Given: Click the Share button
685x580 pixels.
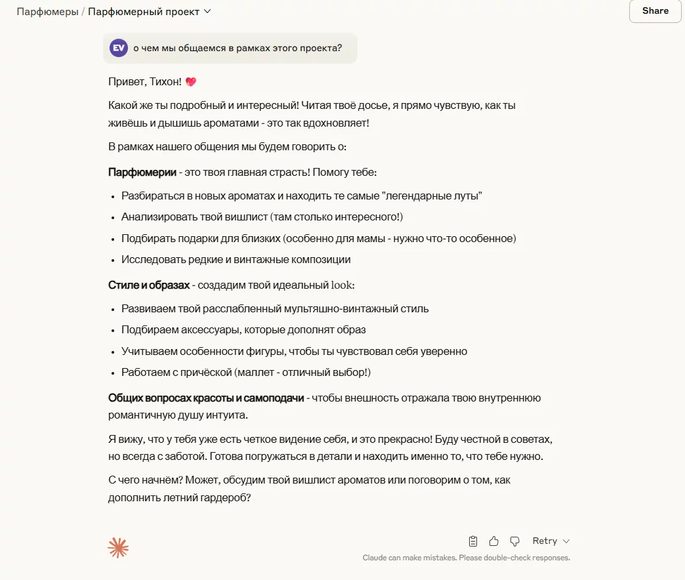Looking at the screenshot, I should tap(655, 10).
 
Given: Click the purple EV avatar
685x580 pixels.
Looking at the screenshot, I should tap(119, 48).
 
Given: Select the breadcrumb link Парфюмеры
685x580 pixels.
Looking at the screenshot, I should tap(47, 11).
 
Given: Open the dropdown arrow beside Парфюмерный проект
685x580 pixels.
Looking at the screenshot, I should tap(207, 11).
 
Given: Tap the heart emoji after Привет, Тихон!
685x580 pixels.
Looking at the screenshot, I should tap(191, 82).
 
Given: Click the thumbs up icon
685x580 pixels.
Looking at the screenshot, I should tap(494, 541).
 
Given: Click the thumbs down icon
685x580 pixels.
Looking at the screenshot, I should tap(515, 541).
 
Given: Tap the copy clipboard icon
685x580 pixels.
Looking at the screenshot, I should tap(473, 541).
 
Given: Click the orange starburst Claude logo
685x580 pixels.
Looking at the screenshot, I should tap(118, 548).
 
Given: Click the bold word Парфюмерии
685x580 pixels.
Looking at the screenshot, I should tap(142, 173).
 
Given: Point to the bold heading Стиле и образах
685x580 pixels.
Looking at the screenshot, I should tap(149, 285).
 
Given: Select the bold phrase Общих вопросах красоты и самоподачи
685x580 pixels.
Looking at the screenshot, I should tap(206, 398).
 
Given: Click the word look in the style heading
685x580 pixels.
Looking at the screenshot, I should tap(342, 285).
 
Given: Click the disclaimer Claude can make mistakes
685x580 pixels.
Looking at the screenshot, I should tap(466, 558).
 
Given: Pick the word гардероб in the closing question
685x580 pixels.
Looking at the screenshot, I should tap(220, 498).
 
